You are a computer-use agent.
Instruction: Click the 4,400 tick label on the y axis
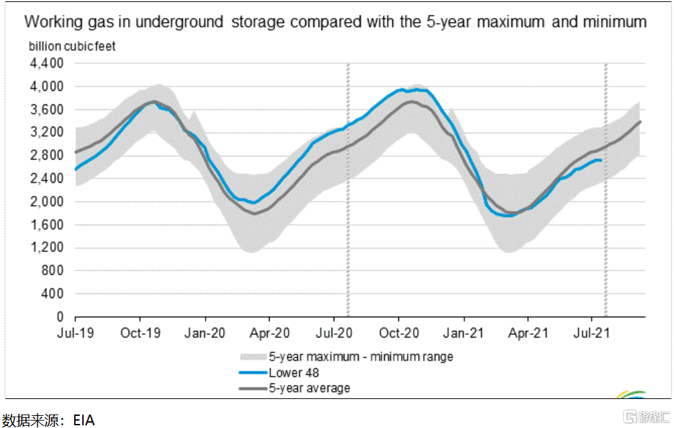[x=47, y=63]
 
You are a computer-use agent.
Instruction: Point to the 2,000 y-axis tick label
[x=47, y=202]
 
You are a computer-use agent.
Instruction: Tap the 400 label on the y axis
[x=53, y=294]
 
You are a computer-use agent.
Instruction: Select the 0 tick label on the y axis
[x=60, y=317]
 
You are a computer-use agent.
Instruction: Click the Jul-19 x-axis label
[x=75, y=332]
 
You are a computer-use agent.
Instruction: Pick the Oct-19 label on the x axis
[x=140, y=332]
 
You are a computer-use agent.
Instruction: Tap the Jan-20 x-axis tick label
[x=204, y=332]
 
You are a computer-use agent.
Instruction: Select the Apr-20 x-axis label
[x=269, y=332]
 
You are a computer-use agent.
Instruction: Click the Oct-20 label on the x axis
[x=398, y=332]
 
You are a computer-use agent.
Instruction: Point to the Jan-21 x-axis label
[x=463, y=332]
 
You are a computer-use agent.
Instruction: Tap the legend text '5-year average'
[x=309, y=388]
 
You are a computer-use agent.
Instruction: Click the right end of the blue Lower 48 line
[x=601, y=160]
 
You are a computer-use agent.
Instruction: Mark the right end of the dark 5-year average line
[x=640, y=121]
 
